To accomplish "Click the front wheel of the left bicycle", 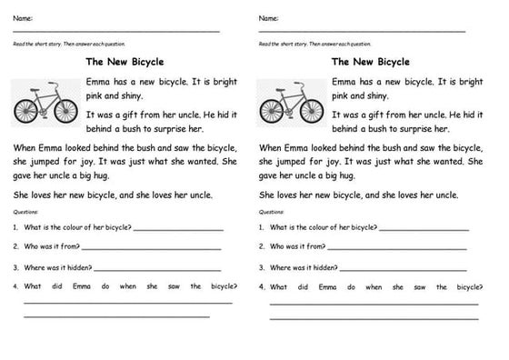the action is coord(63,110).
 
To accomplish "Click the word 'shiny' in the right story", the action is coord(374,95).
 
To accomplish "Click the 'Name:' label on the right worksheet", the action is coord(269,18).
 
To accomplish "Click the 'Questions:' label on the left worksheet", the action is coord(25,212).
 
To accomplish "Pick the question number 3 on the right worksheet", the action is coord(262,267).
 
